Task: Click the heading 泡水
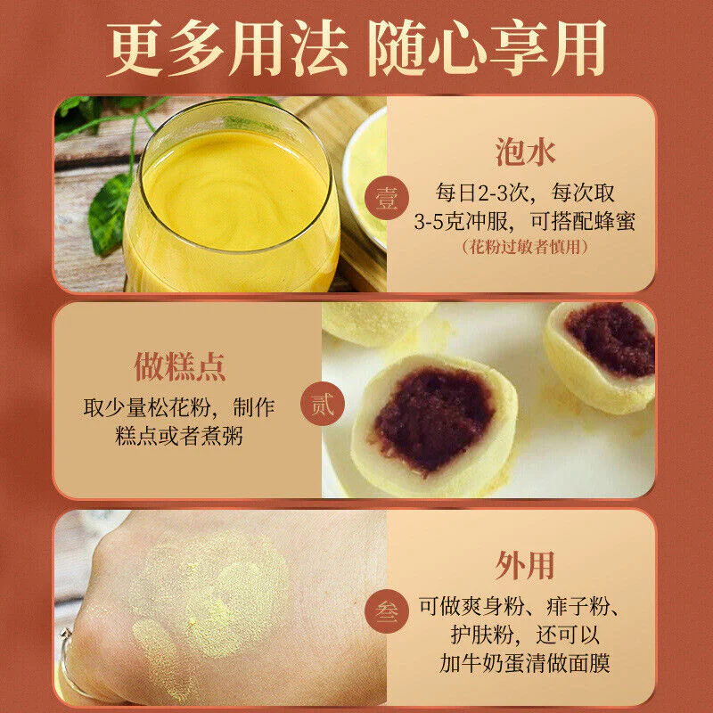click(525, 152)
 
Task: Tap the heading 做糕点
click(180, 366)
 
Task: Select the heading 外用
click(524, 565)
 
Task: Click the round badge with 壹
click(387, 198)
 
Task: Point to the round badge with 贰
click(323, 404)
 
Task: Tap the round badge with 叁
click(387, 611)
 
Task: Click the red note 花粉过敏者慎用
click(525, 247)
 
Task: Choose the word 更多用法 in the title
click(227, 47)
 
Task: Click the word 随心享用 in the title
click(487, 47)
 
